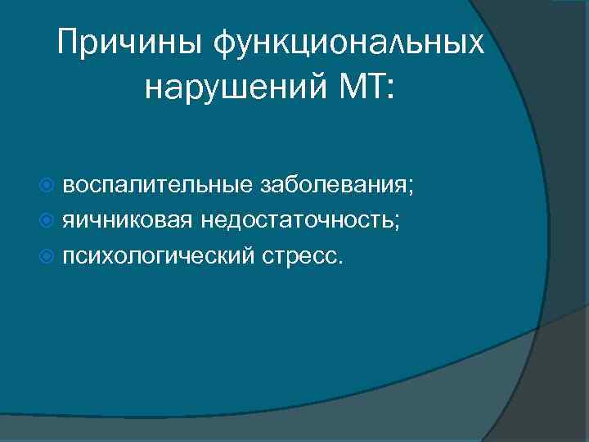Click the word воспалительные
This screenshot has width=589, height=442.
pyautogui.click(x=157, y=186)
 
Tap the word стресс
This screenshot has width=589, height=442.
pyautogui.click(x=300, y=257)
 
